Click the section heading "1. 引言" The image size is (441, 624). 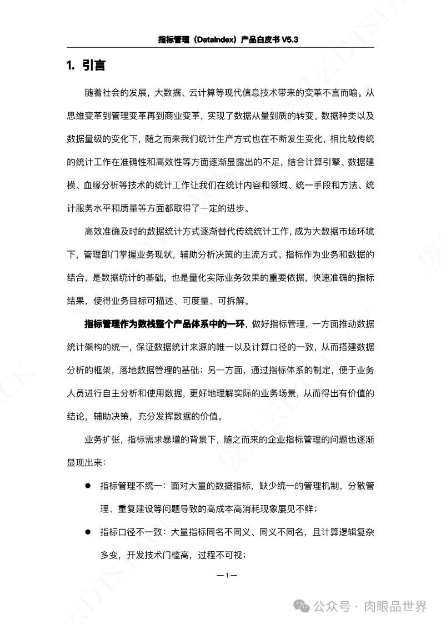click(86, 66)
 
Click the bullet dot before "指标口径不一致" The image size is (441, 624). click(87, 532)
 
